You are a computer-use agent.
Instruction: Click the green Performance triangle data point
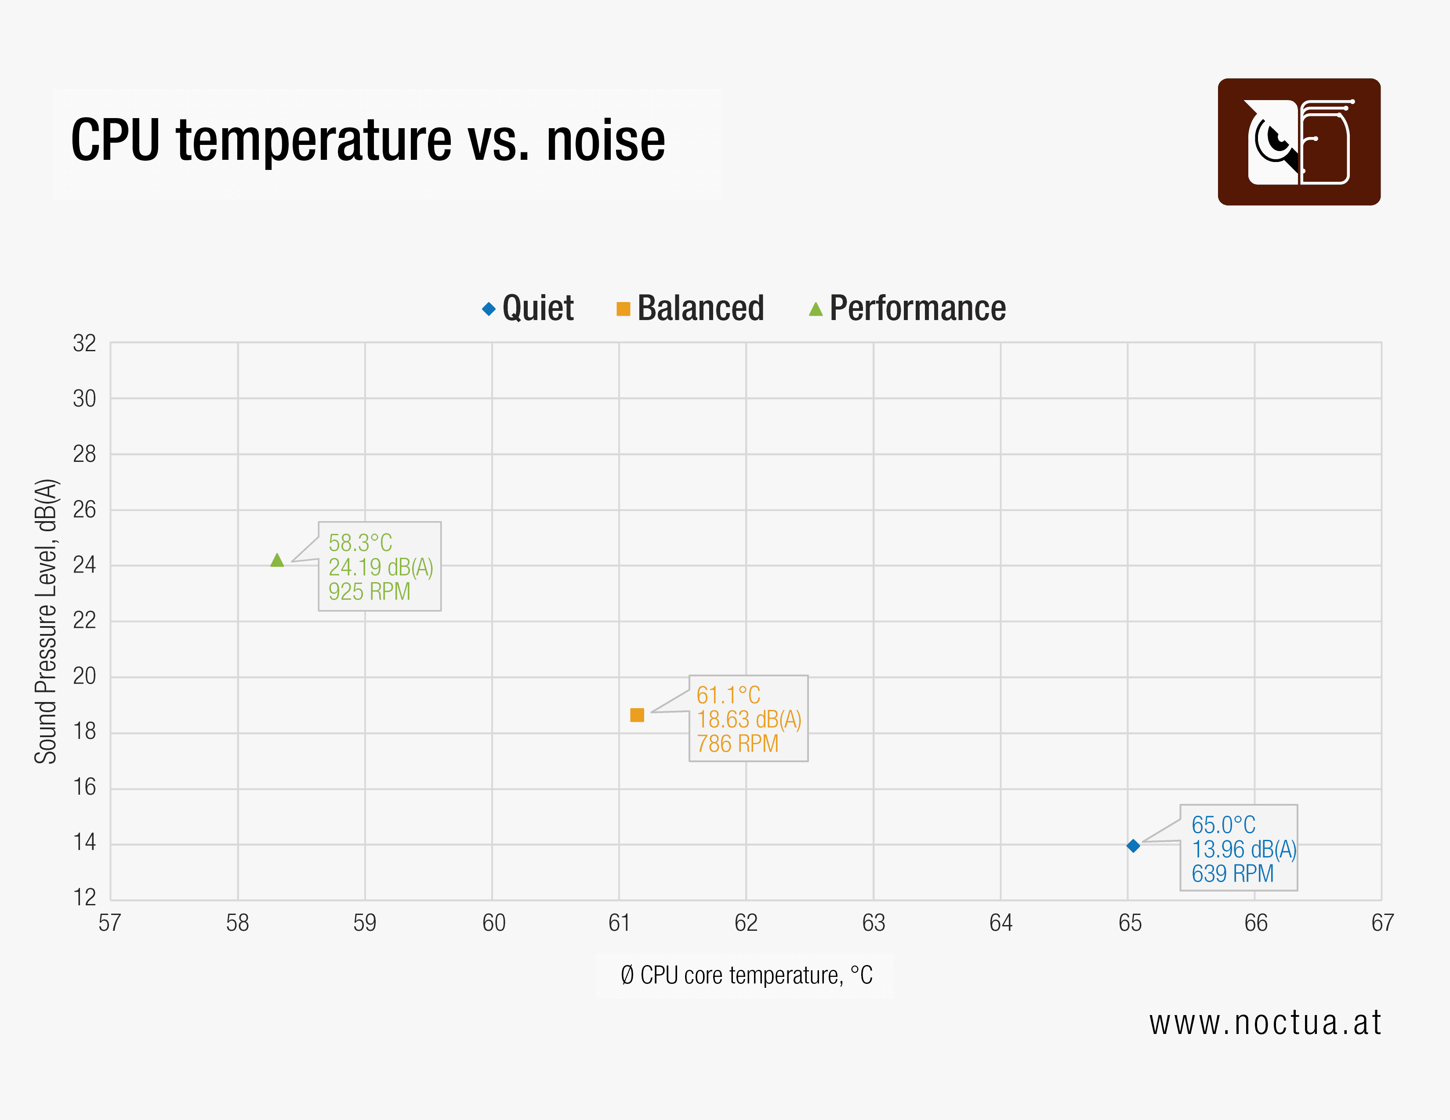pyautogui.click(x=277, y=561)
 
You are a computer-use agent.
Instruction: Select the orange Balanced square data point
pyautogui.click(x=637, y=715)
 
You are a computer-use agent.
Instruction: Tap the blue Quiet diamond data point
pyautogui.click(x=1133, y=845)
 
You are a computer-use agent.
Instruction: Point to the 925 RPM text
pyautogui.click(x=369, y=591)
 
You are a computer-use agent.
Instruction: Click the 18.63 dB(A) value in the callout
pyautogui.click(x=749, y=719)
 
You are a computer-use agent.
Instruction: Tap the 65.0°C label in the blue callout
pyautogui.click(x=1223, y=825)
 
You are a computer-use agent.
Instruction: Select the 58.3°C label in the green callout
pyautogui.click(x=360, y=543)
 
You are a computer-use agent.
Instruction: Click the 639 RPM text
pyautogui.click(x=1232, y=873)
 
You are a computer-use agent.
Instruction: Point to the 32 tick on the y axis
pyautogui.click(x=84, y=344)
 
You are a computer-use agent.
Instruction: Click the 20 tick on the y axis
pyautogui.click(x=84, y=676)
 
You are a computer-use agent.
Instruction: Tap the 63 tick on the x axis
pyautogui.click(x=873, y=923)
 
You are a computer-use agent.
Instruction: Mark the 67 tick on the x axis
pyautogui.click(x=1382, y=923)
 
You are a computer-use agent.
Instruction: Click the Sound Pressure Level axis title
pyautogui.click(x=46, y=621)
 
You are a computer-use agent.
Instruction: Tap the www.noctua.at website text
pyautogui.click(x=1265, y=1023)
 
